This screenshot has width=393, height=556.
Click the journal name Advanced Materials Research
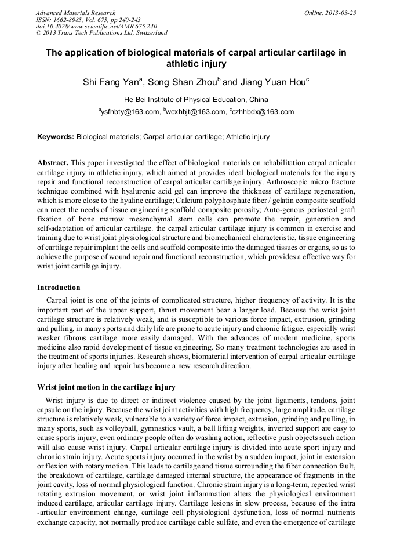click(x=76, y=13)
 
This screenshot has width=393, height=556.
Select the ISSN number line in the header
click(x=88, y=20)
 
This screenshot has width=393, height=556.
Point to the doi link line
click(x=96, y=27)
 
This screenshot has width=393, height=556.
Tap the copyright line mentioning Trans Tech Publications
click(x=101, y=34)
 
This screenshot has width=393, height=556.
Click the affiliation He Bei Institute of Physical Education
click(x=196, y=100)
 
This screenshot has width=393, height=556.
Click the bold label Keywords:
click(x=56, y=137)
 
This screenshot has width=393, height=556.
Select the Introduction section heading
click(x=59, y=288)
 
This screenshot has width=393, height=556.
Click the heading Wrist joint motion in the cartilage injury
click(x=106, y=387)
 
